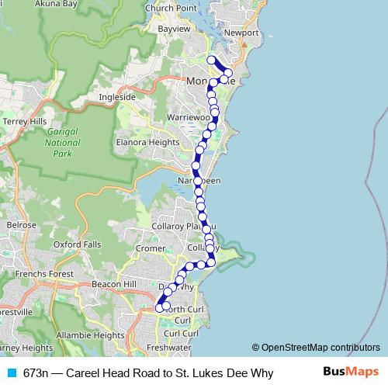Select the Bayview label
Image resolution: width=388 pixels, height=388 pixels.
pyautogui.click(x=174, y=29)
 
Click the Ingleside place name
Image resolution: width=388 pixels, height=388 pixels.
pyautogui.click(x=117, y=97)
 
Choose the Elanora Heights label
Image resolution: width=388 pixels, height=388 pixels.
pyautogui.click(x=144, y=143)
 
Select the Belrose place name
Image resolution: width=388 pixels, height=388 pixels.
pyautogui.click(x=21, y=224)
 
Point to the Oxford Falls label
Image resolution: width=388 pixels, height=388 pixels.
pyautogui.click(x=78, y=244)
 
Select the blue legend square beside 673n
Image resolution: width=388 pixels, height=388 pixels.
pyautogui.click(x=11, y=372)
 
